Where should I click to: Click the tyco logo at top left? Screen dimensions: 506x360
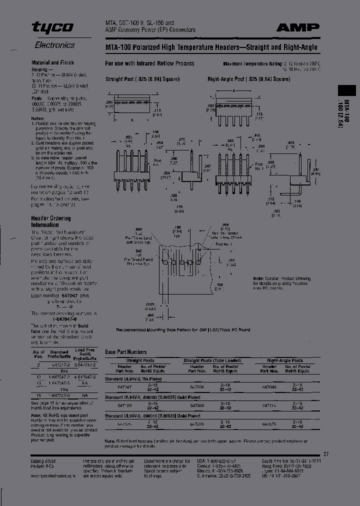(x=52, y=27)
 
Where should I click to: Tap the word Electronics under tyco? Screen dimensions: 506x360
(x=54, y=45)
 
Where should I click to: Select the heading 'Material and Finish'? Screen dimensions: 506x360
(x=52, y=62)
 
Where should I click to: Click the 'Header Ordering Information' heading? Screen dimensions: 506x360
(x=51, y=221)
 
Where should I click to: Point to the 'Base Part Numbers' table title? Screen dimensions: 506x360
(x=126, y=352)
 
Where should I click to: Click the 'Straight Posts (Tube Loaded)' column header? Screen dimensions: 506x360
(x=204, y=360)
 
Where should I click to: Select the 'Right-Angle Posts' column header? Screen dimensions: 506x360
(x=284, y=360)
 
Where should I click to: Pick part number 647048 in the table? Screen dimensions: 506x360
(x=269, y=387)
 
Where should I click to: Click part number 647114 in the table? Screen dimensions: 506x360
(x=269, y=406)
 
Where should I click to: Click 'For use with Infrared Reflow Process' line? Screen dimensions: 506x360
(x=149, y=63)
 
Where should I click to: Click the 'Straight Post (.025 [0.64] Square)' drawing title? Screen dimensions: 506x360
(x=141, y=79)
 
